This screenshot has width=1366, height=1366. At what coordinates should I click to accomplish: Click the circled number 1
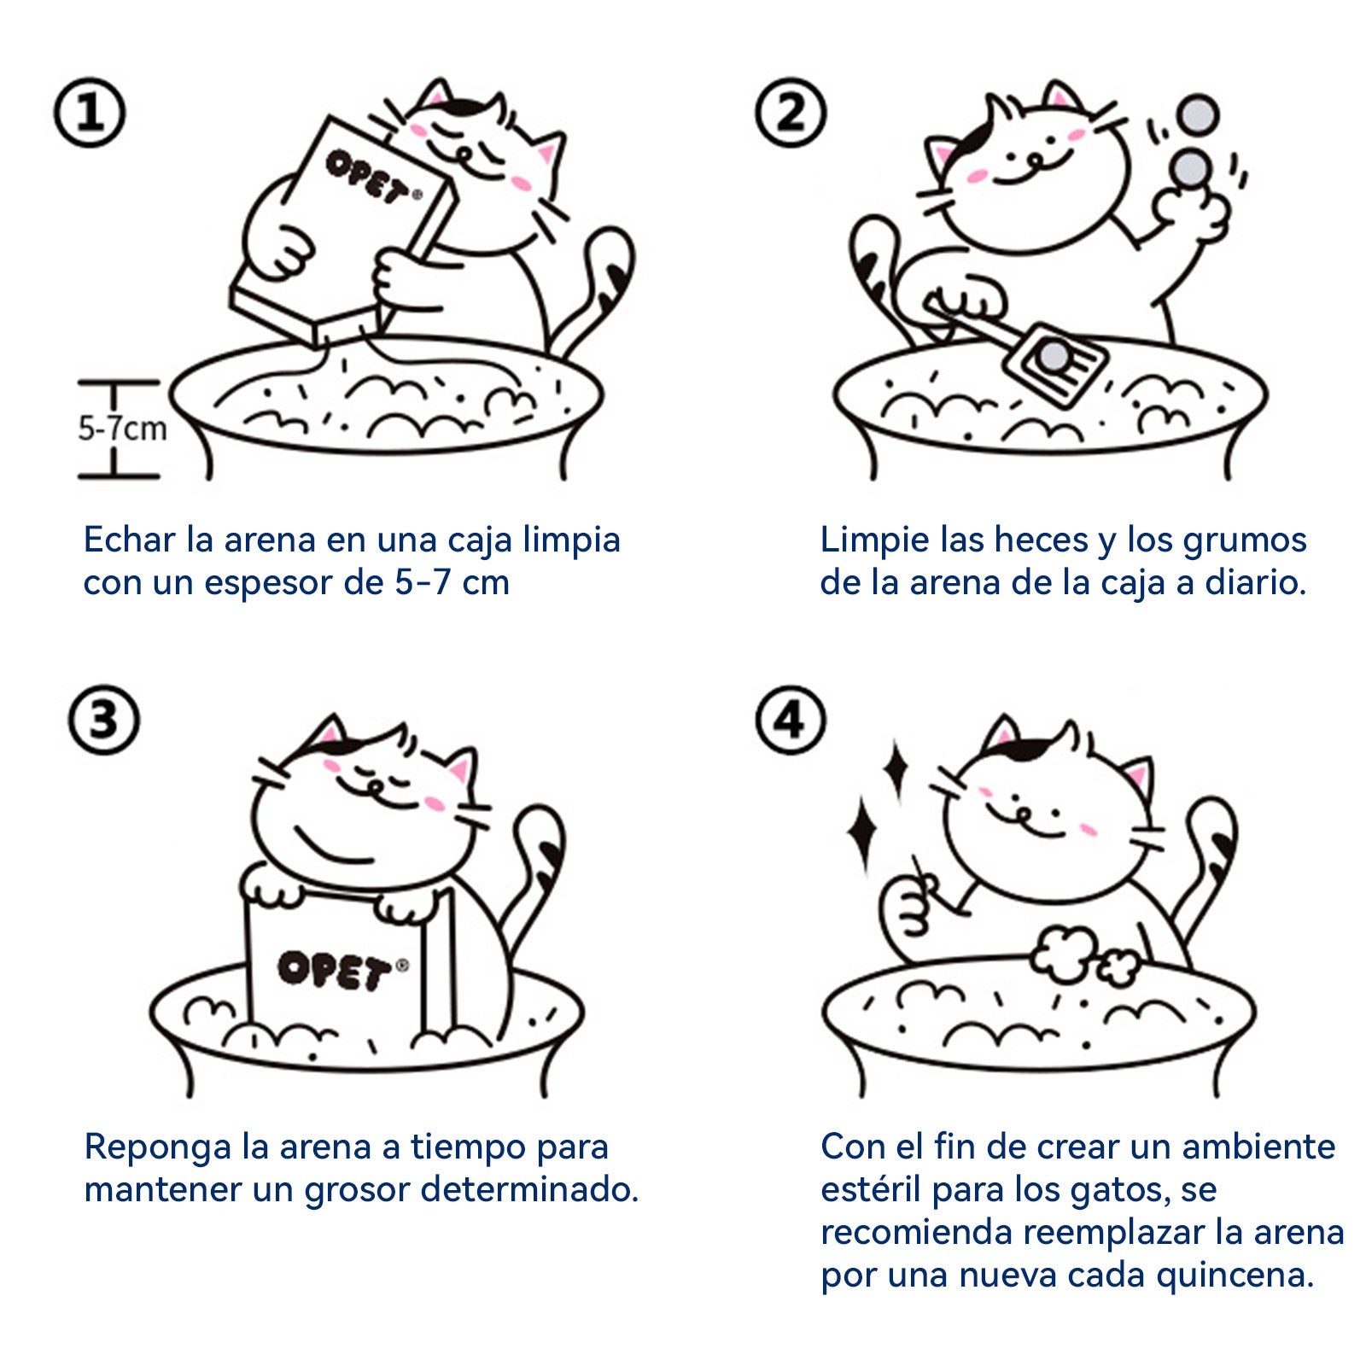[x=90, y=113]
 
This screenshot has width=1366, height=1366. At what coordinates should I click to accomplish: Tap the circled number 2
[x=791, y=113]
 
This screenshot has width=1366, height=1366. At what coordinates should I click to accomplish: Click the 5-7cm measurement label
[x=122, y=428]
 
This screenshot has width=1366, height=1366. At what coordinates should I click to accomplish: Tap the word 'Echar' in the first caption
[x=129, y=540]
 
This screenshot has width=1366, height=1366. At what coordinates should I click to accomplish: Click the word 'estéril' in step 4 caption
[x=871, y=1189]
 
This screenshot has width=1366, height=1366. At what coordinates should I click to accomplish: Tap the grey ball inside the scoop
[x=1054, y=354]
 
